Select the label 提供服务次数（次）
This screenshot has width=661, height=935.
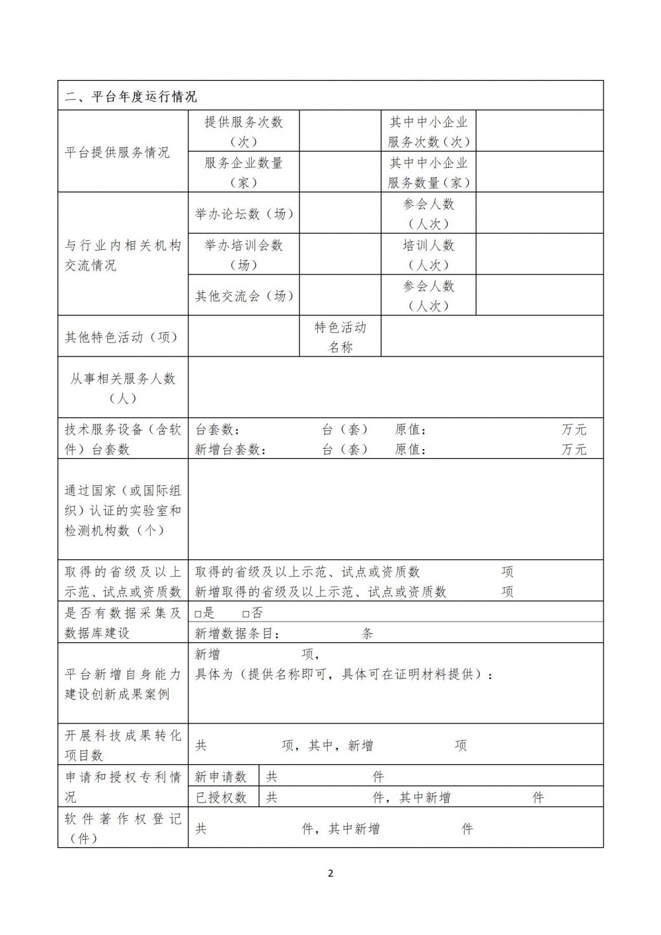[243, 131]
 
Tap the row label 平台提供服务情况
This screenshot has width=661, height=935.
[117, 153]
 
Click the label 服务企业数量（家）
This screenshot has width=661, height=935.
[243, 172]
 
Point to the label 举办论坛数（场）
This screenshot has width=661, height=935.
[244, 214]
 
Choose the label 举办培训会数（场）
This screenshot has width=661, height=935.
[243, 255]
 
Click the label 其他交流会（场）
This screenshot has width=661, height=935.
[244, 296]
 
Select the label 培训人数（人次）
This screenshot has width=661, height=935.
[429, 255]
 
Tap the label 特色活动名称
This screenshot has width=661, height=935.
[340, 337]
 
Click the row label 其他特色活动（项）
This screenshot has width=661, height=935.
[122, 337]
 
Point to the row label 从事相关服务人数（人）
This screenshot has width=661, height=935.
[123, 388]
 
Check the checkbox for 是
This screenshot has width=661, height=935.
[198, 614]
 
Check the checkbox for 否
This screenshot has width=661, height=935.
[245, 614]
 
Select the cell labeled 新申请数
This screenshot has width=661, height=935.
[221, 776]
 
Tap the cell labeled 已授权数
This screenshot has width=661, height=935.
[221, 797]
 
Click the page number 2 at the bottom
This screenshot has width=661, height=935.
[330, 873]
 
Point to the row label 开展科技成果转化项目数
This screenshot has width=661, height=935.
[122, 745]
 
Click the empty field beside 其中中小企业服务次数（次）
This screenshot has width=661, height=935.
[539, 131]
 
